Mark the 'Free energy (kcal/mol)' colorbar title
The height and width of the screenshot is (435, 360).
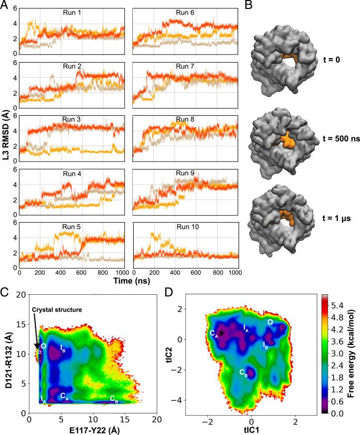pyautogui.click(x=355, y=353)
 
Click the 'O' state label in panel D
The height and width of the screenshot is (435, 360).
pyautogui.click(x=270, y=322)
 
